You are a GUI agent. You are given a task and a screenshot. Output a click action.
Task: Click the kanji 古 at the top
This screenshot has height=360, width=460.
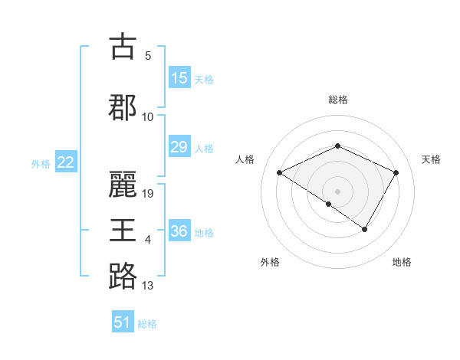[x=123, y=47]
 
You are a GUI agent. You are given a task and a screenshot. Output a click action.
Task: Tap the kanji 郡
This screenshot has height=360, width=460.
[x=123, y=107]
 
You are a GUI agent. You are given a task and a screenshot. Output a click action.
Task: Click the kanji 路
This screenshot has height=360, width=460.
[x=123, y=276]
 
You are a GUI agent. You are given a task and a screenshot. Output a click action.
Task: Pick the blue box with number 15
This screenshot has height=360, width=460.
[x=179, y=78]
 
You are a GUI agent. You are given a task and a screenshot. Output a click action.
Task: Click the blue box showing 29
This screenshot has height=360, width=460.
[x=179, y=148]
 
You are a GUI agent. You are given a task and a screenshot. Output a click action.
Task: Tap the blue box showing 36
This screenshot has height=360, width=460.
[x=179, y=232]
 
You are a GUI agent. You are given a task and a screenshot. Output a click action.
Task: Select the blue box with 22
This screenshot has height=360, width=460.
[x=66, y=162]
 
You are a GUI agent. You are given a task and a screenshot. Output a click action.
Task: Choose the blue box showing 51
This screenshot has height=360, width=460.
[x=123, y=322]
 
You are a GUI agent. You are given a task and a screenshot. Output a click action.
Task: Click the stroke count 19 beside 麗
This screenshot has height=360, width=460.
[x=149, y=194]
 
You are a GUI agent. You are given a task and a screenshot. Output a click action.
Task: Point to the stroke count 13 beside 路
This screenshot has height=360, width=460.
[x=148, y=286]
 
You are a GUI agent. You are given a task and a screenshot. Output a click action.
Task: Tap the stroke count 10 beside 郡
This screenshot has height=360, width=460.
[x=148, y=117]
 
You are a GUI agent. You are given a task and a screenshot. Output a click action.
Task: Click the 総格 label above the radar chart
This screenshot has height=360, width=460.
[x=337, y=100]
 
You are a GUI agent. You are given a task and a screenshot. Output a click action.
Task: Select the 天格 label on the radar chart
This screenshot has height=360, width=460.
[x=431, y=159]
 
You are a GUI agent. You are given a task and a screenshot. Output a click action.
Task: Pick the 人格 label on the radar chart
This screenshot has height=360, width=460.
[x=245, y=159]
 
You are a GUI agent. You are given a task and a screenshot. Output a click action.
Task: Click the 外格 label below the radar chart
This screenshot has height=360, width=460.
[x=270, y=262]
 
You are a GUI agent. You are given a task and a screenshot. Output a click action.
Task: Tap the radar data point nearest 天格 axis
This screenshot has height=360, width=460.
[x=396, y=172]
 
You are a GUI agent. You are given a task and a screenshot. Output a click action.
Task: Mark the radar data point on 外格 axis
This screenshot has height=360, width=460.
[x=329, y=204]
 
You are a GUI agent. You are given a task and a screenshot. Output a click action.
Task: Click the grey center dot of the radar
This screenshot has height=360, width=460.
[x=337, y=191]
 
